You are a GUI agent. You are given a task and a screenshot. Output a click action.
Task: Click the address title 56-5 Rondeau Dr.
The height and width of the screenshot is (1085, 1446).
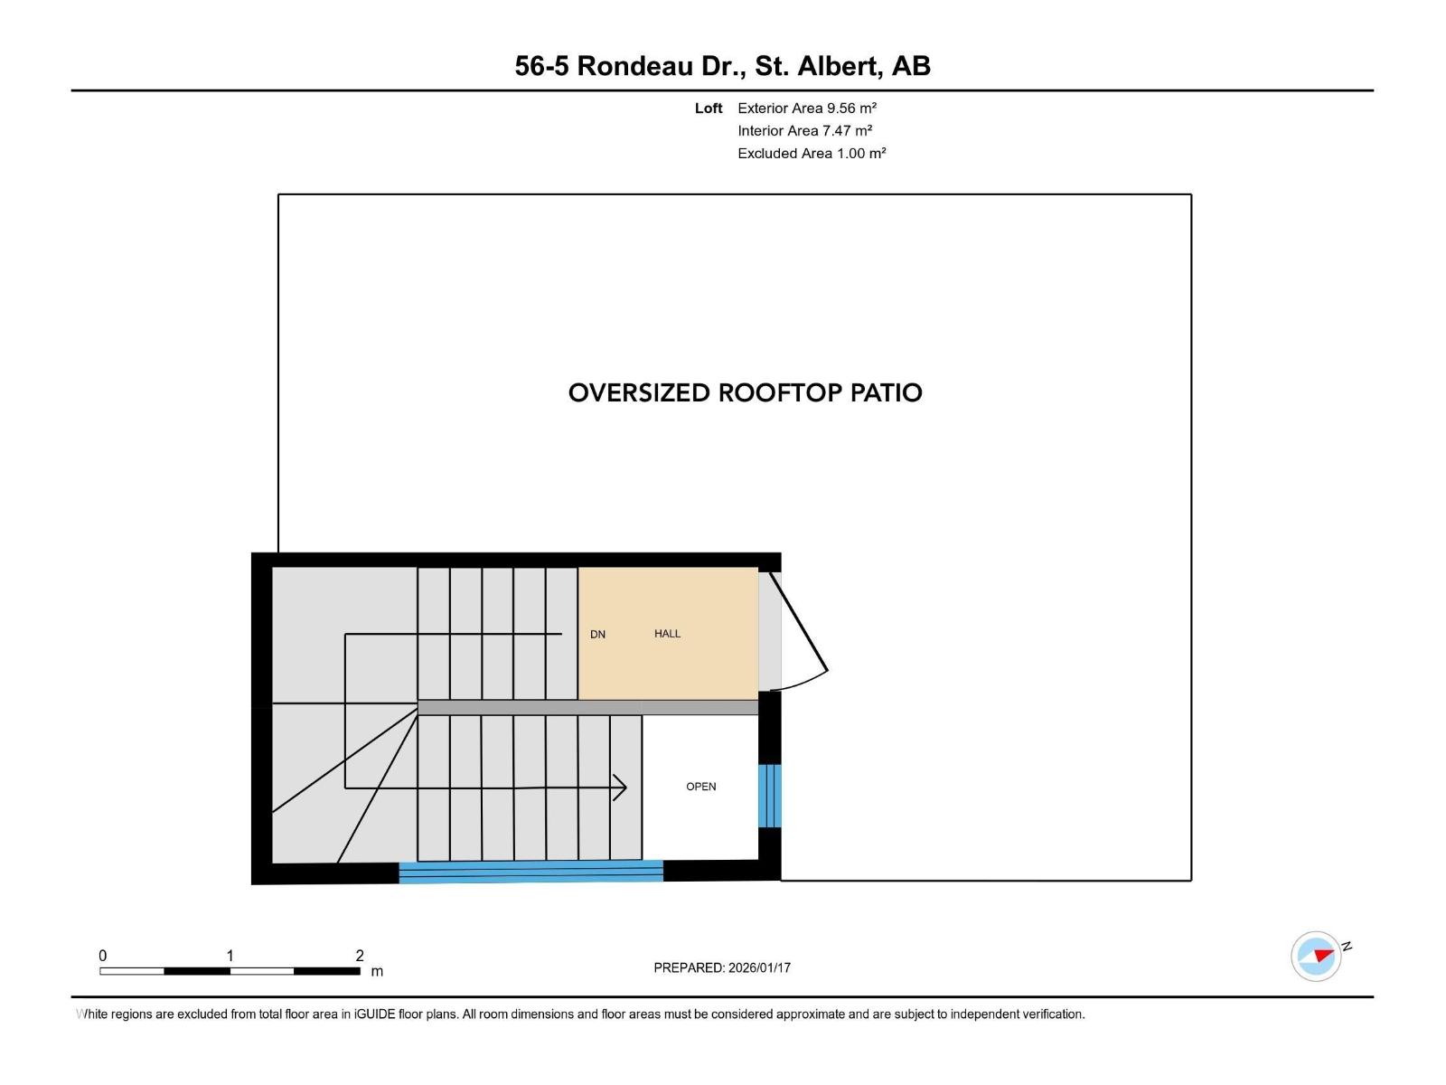click(722, 66)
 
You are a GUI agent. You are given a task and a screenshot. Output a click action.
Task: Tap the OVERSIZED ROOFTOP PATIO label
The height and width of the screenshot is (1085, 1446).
click(745, 393)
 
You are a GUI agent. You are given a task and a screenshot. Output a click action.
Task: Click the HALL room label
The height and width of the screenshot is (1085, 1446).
click(667, 634)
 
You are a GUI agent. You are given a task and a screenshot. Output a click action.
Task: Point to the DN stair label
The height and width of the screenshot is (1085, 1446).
click(597, 635)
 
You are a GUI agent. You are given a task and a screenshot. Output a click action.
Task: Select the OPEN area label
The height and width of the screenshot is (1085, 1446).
click(700, 787)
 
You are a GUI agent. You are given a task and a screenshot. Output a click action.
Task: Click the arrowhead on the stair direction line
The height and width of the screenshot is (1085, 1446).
click(621, 788)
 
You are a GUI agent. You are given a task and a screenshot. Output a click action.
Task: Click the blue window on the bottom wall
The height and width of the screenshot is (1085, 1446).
click(531, 872)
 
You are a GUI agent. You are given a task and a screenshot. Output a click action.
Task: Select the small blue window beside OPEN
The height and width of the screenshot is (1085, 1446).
click(769, 796)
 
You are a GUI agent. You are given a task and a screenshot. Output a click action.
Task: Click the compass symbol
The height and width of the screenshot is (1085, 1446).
click(1316, 956)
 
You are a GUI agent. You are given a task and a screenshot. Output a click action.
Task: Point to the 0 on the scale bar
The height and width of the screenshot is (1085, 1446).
click(103, 956)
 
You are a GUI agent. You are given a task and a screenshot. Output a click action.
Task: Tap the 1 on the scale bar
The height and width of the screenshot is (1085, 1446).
click(230, 956)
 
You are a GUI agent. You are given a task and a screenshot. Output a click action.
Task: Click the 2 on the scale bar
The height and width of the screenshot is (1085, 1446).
click(360, 956)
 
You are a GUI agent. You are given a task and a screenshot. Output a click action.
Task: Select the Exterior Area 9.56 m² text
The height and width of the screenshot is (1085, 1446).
click(807, 108)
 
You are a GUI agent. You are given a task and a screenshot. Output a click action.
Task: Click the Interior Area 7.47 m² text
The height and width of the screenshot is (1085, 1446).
click(804, 131)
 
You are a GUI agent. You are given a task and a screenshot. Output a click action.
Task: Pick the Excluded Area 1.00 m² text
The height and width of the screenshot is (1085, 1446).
click(812, 154)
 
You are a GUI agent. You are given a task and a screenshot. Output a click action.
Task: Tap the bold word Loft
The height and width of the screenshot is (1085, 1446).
click(709, 108)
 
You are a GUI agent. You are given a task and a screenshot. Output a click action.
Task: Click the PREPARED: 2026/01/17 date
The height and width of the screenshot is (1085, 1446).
click(722, 967)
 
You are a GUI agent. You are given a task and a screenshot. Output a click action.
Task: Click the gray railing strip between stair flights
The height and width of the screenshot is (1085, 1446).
click(587, 707)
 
